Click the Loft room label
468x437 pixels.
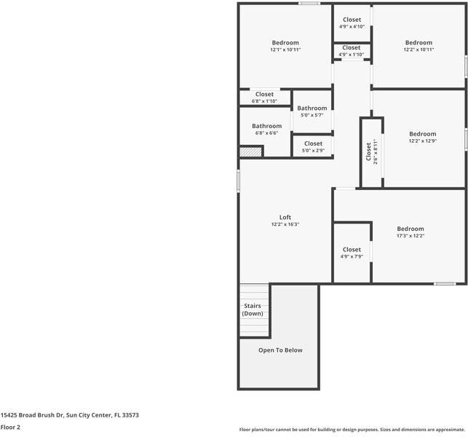tap(285, 217)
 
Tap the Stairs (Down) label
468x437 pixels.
tap(253, 310)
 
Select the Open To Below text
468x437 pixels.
tap(280, 350)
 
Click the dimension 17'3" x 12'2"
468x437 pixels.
tap(410, 236)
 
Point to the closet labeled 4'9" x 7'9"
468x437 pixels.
tap(352, 253)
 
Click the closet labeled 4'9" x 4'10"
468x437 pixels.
tap(352, 23)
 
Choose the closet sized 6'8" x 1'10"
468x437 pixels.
tap(264, 97)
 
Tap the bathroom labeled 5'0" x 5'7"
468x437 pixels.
tap(312, 111)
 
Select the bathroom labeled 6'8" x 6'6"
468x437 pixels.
tap(267, 130)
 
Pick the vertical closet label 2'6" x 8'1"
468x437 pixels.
tap(371, 151)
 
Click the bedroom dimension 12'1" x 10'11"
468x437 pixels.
tap(285, 50)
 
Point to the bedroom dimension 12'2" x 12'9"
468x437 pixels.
tap(422, 141)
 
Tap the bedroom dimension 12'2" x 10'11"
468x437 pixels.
tap(419, 50)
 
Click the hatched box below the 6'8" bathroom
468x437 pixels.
tap(250, 151)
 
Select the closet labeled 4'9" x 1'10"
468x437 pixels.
tap(352, 51)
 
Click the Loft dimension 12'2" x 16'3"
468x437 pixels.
tap(285, 224)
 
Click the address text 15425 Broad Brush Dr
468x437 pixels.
tap(44, 415)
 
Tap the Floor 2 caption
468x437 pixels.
tap(10, 427)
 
